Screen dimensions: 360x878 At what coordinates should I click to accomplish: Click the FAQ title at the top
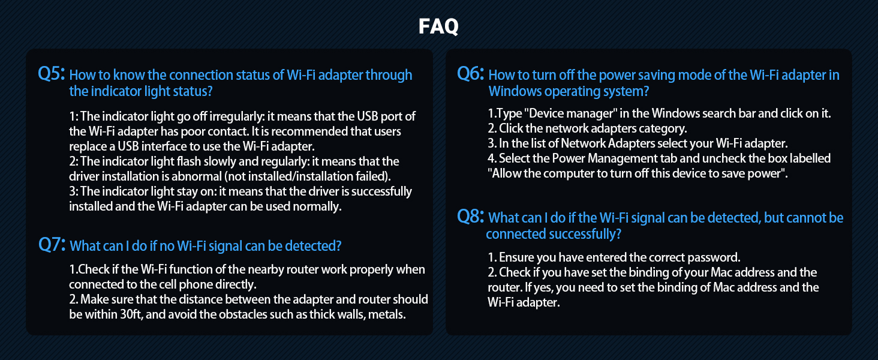438,26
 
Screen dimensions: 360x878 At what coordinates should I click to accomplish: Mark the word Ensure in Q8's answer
516,257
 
